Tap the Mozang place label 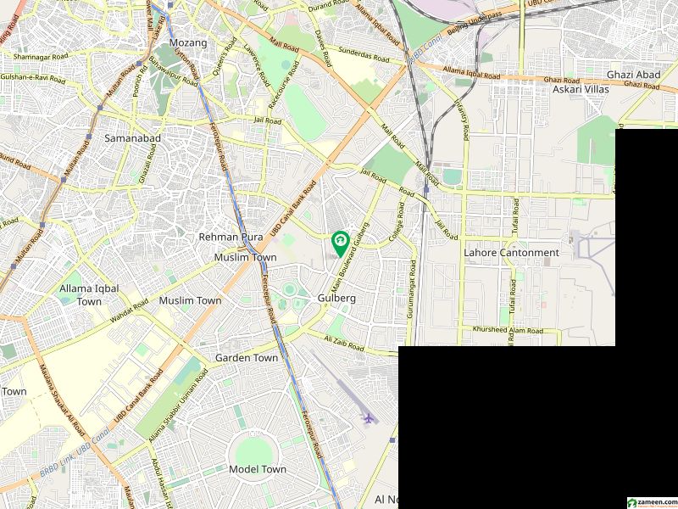coord(187,42)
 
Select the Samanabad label coord(127,137)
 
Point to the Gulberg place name coord(336,299)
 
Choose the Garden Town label coord(247,358)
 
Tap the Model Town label coord(258,469)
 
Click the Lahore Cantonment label coord(511,253)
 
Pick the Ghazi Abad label coord(633,75)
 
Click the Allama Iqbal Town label coord(89,295)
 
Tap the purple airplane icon coord(368,418)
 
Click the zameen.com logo coord(651,501)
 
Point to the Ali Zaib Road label coord(343,343)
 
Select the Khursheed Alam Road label coord(507,329)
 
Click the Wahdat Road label coord(129,317)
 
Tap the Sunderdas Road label coord(365,58)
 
